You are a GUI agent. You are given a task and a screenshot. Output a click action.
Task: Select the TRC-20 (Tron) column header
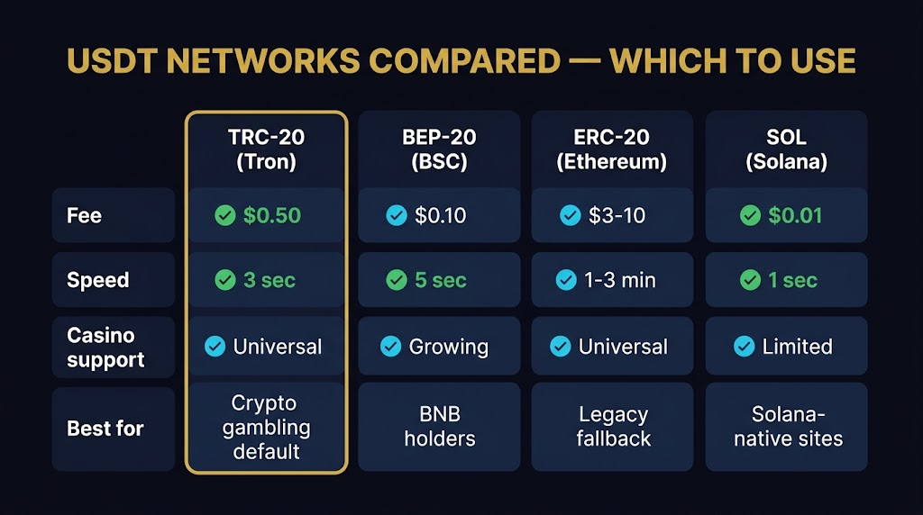[266, 149]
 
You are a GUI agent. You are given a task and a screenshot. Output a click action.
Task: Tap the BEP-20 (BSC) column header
[439, 149]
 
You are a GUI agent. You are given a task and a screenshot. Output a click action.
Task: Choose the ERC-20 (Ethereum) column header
[612, 149]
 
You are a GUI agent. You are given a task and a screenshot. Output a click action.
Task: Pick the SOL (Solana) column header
[786, 149]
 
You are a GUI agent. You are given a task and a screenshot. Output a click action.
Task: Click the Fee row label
[84, 216]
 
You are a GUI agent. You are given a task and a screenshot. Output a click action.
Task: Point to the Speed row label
[97, 280]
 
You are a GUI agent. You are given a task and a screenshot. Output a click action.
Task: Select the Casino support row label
[105, 348]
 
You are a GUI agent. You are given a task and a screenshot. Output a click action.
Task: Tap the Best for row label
[105, 429]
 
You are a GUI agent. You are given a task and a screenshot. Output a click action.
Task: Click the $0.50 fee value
[271, 216]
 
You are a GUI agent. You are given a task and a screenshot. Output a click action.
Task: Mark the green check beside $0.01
[750, 216]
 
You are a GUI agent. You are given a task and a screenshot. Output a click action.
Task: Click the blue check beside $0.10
[396, 216]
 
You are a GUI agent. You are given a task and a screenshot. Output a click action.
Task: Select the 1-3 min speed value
[619, 280]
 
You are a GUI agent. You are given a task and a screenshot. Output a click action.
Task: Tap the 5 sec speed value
[441, 280]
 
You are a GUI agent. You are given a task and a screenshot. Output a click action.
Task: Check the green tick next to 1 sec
[750, 280]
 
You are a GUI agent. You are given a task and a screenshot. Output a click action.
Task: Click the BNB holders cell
[439, 427]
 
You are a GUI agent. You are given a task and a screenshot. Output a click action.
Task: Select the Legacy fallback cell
[612, 427]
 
